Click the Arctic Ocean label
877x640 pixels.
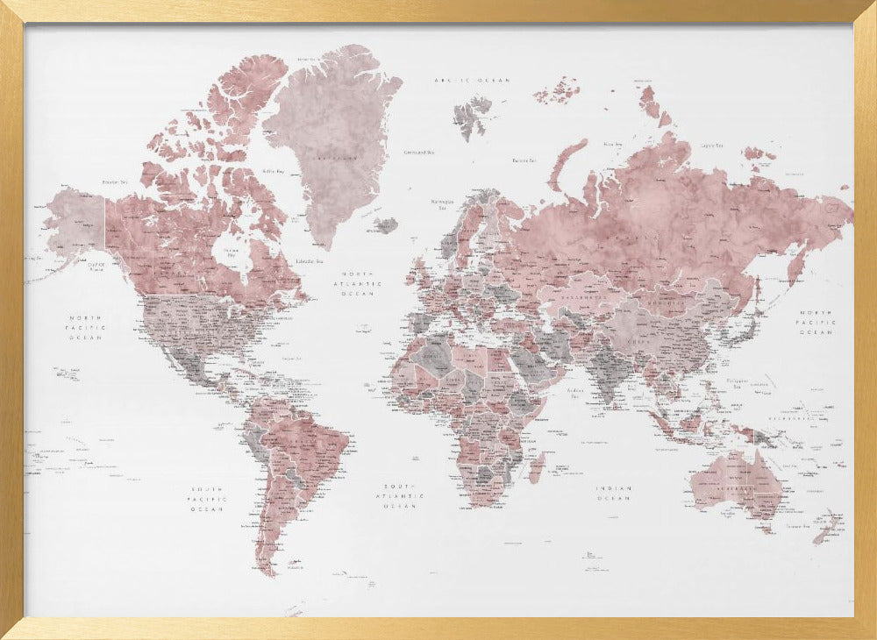[460, 80]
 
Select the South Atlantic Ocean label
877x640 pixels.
[403, 495]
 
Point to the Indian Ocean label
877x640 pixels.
[613, 494]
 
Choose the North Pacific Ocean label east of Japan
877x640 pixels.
[815, 322]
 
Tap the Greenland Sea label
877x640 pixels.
[418, 152]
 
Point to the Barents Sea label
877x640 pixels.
[524, 160]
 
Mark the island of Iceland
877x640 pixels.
[383, 224]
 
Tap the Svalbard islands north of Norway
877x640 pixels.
[473, 114]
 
